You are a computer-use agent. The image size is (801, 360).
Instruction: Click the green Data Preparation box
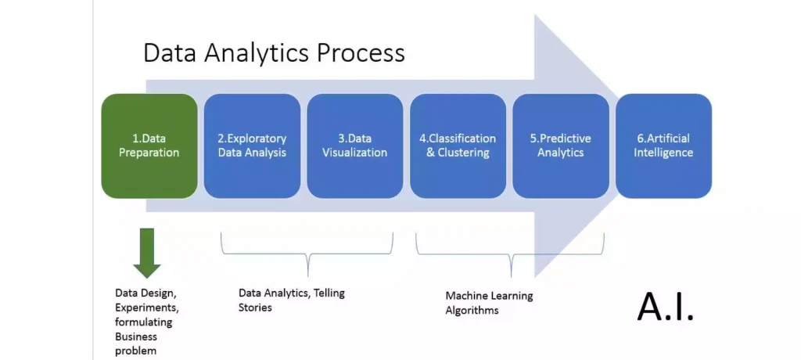point(149,146)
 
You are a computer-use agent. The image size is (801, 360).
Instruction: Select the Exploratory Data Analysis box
point(252,146)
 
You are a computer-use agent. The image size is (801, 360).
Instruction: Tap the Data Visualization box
point(354,146)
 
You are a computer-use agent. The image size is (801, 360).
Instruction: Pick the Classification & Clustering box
point(458,146)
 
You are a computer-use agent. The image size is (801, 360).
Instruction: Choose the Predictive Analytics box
point(560,146)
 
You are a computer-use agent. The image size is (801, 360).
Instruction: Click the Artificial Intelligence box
point(663,146)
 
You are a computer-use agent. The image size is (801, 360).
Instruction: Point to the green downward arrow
point(146,253)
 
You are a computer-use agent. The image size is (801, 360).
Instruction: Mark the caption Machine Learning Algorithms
point(489,303)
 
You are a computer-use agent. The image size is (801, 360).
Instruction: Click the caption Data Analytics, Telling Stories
point(291,300)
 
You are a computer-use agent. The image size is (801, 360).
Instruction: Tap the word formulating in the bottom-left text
point(143,322)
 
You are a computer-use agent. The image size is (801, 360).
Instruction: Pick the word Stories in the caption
point(255,308)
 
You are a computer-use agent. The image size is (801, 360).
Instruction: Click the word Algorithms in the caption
point(472,311)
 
